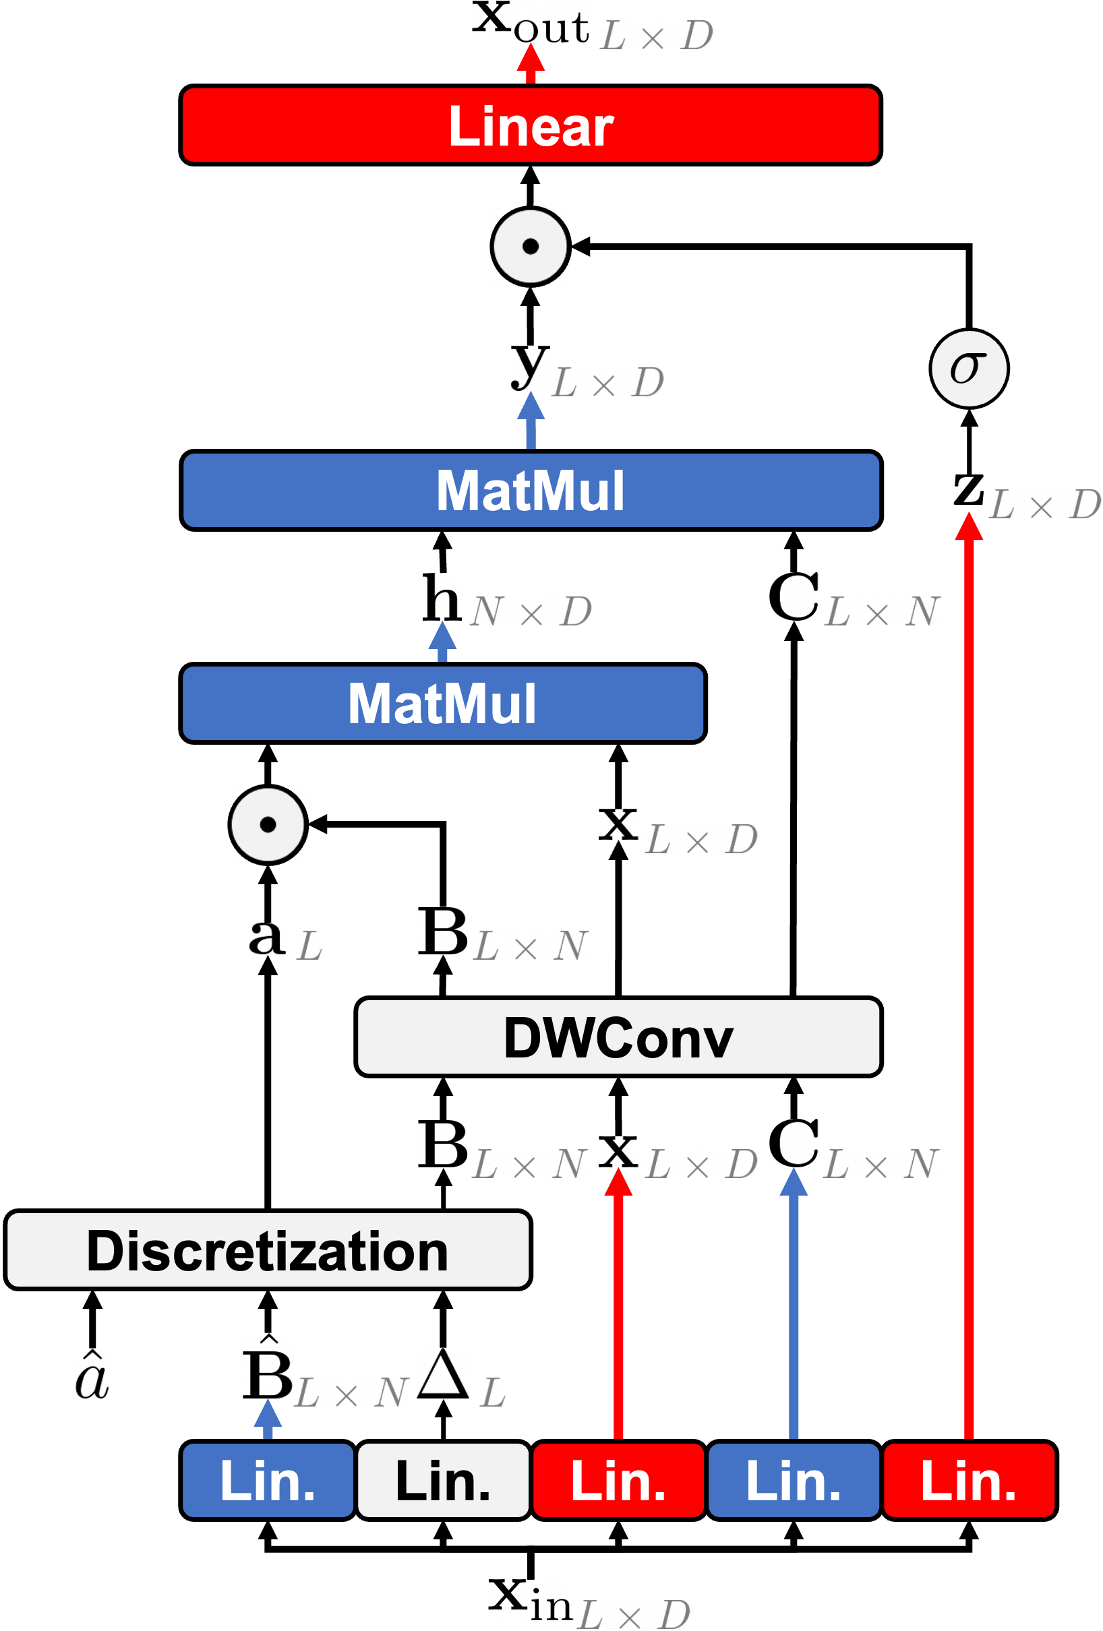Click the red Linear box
coord(530,125)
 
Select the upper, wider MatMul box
coord(531,490)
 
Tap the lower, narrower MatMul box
coord(442,702)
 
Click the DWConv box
coord(618,1037)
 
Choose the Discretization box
coord(268,1250)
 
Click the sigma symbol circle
coord(969,369)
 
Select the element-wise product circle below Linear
coord(530,246)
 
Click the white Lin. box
coord(443,1480)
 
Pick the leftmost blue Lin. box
coord(268,1480)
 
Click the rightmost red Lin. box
coord(969,1480)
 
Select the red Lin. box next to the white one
coord(618,1480)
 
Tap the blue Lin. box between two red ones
coord(794,1480)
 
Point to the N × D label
coord(531,612)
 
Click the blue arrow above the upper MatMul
coord(531,419)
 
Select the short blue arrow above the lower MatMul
coord(442,641)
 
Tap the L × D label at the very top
coord(657,35)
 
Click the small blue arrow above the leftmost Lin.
coord(268,1417)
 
